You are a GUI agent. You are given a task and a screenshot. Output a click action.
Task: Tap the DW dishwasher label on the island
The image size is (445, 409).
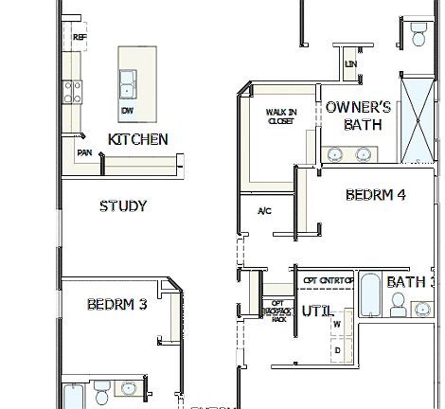pos(127,111)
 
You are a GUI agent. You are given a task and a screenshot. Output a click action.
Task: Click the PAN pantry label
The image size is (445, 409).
pos(84,151)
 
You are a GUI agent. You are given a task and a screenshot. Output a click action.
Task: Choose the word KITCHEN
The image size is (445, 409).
pos(138,139)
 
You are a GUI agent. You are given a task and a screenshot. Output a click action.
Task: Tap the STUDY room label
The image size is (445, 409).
pos(123,205)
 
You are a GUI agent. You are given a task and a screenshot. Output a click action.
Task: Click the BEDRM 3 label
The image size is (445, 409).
pos(116,305)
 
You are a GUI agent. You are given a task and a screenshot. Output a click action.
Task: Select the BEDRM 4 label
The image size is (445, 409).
pos(376,195)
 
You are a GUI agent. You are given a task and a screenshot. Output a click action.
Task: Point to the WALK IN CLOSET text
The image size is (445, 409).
pos(281,116)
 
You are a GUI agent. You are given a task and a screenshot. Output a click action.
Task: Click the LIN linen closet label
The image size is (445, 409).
pos(351,63)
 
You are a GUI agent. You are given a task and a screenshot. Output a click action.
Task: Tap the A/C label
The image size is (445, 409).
pos(263,210)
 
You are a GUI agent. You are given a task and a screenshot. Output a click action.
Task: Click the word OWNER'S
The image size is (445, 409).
pos(358,107)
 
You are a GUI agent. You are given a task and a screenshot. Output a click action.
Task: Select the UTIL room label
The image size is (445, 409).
pos(315,311)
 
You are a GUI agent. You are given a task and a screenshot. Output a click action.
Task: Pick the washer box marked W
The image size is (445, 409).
pos(338,325)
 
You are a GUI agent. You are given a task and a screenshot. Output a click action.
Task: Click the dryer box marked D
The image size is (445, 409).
pos(338,349)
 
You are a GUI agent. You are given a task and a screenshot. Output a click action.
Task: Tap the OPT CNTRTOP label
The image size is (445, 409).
pos(329,281)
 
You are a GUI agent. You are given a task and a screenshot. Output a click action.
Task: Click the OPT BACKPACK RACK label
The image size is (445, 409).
pos(278,311)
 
